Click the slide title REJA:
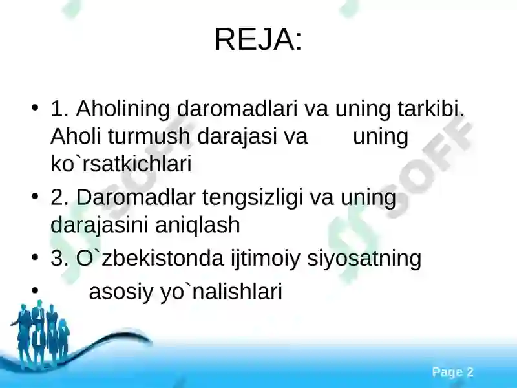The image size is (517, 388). click(x=258, y=39)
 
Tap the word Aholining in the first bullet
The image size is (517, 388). click(x=123, y=109)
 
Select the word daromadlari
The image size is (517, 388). click(x=237, y=109)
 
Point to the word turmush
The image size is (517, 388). click(x=149, y=136)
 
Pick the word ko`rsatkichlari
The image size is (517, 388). click(x=121, y=164)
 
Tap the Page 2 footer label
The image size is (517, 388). click(x=453, y=372)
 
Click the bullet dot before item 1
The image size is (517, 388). click(x=35, y=108)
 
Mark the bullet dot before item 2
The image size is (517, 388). click(x=35, y=197)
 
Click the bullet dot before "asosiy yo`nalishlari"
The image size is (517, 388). click(x=35, y=290)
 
